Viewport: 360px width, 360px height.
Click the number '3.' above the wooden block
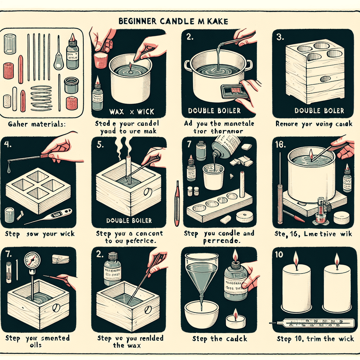(280, 37)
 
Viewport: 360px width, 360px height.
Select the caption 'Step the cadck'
(220, 339)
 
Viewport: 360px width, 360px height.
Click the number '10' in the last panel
(279, 255)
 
